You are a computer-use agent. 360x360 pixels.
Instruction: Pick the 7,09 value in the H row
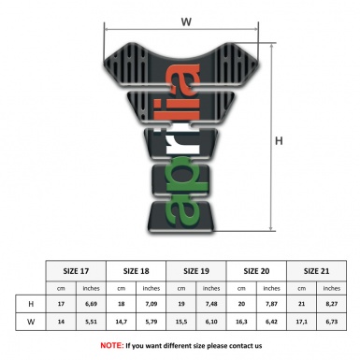pyautogui.click(x=152, y=306)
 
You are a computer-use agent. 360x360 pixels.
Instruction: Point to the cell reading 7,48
pyautogui.click(x=212, y=306)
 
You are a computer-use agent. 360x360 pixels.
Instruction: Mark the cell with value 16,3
pyautogui.click(x=241, y=324)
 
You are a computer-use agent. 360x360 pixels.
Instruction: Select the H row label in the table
pyautogui.click(x=33, y=306)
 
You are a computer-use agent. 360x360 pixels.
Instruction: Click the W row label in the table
pyautogui.click(x=33, y=324)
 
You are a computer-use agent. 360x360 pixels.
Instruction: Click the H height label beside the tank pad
pyautogui.click(x=279, y=141)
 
